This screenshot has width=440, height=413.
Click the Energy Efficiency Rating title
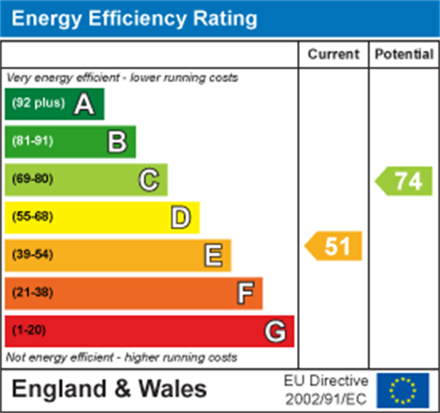tap(134, 19)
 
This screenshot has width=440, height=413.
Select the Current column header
tap(333, 54)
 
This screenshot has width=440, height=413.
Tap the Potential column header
tap(404, 54)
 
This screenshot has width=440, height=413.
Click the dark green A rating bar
tap(55, 104)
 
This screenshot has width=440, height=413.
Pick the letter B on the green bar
tap(117, 142)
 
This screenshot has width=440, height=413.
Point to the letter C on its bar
tap(149, 180)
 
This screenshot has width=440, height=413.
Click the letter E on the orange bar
tap(213, 255)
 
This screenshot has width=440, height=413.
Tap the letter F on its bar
tap(245, 293)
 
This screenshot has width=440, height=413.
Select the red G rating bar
tap(149, 331)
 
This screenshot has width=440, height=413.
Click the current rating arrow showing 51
tap(334, 246)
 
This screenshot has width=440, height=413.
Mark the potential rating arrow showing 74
tap(404, 181)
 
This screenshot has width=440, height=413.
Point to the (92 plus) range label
tap(38, 103)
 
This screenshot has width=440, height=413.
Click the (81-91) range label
tap(32, 141)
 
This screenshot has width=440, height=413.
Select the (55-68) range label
tap(32, 217)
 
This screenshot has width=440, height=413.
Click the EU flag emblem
tap(403, 390)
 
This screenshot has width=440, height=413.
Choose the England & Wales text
tap(109, 389)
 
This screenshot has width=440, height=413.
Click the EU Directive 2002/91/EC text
tap(326, 390)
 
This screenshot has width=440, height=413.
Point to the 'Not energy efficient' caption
tap(121, 357)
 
